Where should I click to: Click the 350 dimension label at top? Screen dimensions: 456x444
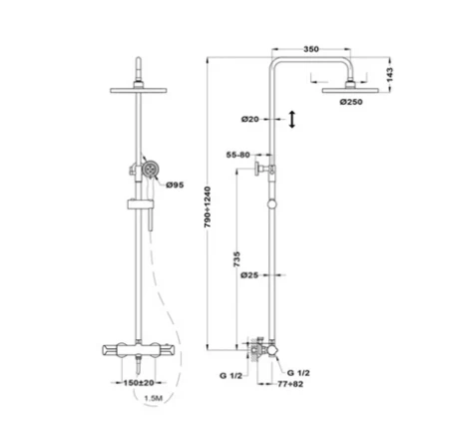tap(311, 49)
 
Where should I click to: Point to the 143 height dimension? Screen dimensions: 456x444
tap(390, 75)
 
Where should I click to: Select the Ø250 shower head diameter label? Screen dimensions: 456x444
tap(351, 102)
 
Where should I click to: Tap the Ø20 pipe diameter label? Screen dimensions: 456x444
tap(250, 119)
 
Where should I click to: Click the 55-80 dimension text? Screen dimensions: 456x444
tap(237, 155)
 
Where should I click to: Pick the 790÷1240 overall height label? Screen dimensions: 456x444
tap(208, 207)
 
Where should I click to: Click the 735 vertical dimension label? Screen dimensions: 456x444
tap(236, 259)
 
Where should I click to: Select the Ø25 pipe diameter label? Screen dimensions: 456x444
tap(249, 275)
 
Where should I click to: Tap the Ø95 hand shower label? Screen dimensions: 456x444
tap(175, 185)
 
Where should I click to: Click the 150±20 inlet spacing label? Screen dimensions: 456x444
tap(139, 383)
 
